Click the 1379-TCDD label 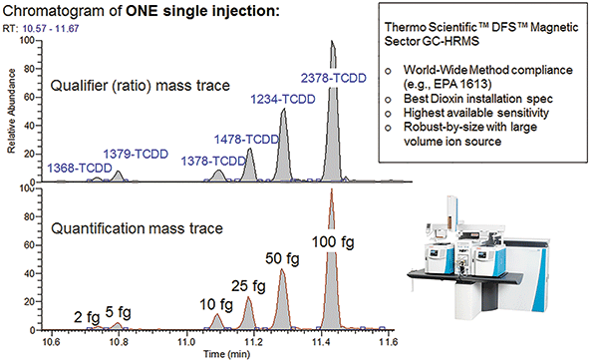click(x=137, y=155)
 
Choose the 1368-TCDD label click(x=79, y=170)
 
